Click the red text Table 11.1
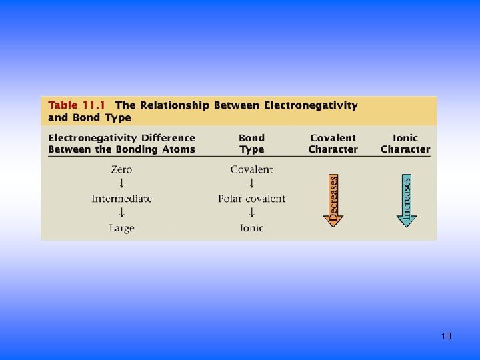pos(73,105)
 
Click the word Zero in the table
pos(121,169)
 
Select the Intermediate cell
pos(121,199)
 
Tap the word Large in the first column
pos(121,228)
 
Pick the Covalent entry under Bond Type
pos(251,169)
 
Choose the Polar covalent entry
pos(251,199)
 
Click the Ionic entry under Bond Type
pos(251,228)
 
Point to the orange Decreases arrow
pos(333,200)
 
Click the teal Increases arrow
pos(406,200)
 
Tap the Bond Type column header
pos(251,143)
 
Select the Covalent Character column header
pos(333,143)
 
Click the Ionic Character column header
pos(405,143)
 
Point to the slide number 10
pos(446,336)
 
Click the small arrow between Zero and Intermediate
pos(121,183)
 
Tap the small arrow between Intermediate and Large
pos(121,213)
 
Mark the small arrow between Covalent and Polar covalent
pos(251,183)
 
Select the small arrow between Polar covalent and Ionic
pos(251,213)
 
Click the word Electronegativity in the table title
pos(311,105)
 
